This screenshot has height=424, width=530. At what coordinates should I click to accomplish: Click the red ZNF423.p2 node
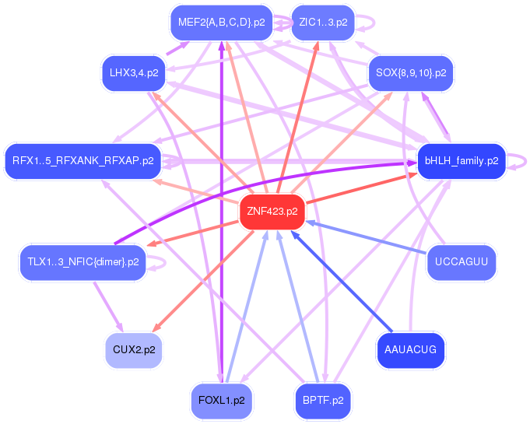pos(272,212)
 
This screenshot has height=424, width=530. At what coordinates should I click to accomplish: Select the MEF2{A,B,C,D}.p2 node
pos(221,23)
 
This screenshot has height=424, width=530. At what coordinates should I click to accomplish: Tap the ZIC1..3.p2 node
pos(322,23)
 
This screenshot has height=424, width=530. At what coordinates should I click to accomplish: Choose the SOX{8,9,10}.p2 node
pos(410,72)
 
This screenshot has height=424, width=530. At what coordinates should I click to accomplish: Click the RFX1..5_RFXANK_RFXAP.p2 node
pos(82,161)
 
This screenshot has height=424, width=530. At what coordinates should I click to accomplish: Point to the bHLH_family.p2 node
pos(462,161)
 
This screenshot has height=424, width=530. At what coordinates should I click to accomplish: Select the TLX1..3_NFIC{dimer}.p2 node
pos(82,261)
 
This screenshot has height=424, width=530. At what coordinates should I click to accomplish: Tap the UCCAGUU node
pos(462,261)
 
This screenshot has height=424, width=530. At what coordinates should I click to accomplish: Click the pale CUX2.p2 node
pos(134,350)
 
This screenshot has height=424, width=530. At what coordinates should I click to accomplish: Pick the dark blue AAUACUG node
pos(411,350)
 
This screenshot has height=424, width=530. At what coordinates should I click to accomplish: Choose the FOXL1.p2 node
pos(222,401)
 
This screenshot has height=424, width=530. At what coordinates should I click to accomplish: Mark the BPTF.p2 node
pos(323,401)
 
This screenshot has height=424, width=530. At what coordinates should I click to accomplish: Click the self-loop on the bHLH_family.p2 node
pos(520,161)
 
